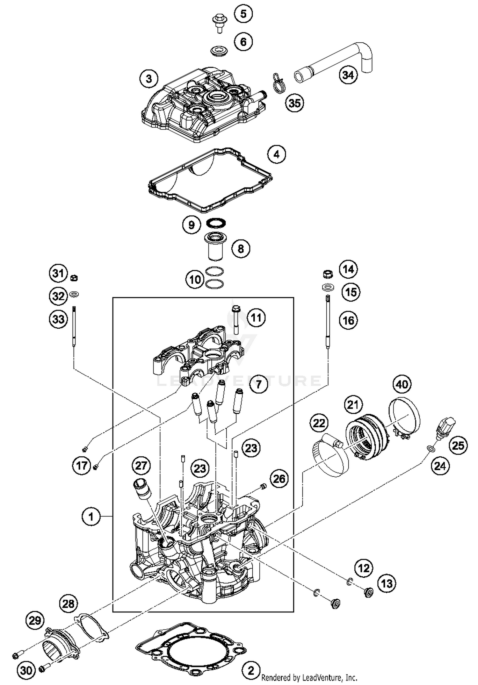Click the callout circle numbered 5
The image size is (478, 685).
(x=243, y=14)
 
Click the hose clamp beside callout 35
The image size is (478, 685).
(x=279, y=84)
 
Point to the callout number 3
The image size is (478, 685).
(x=149, y=78)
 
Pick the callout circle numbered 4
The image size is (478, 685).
(x=277, y=154)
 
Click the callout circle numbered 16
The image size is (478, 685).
(x=348, y=320)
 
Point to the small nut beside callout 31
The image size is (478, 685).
(x=74, y=277)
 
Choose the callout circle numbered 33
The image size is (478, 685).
(x=58, y=319)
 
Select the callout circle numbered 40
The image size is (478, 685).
(x=402, y=384)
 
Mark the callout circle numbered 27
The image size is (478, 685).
(x=141, y=466)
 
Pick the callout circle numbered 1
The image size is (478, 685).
(x=91, y=516)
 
